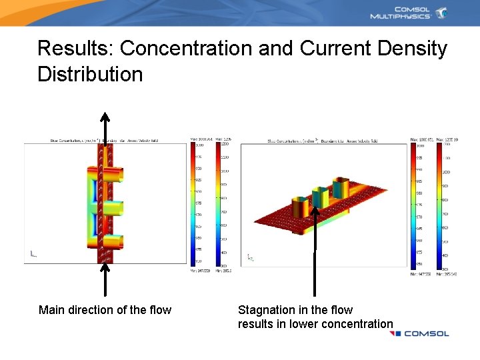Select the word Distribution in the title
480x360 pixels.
coord(90,74)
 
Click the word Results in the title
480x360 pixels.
coord(75,49)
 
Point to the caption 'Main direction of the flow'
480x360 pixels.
coord(105,310)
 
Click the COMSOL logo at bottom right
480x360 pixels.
coord(420,333)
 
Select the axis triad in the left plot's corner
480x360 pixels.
coord(32,253)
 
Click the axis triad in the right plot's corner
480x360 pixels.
coord(251,257)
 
